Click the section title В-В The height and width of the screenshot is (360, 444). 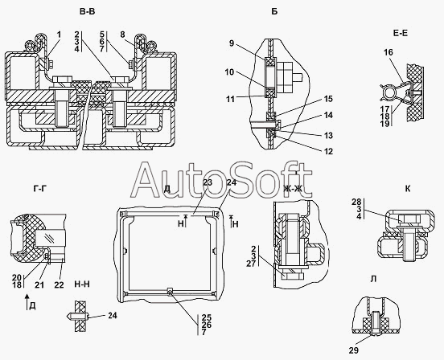87,11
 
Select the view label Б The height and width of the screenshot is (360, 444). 274,11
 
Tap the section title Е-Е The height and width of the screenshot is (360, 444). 401,33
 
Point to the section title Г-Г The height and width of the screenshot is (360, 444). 39,188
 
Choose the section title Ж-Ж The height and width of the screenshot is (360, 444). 293,188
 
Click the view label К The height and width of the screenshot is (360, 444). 408,189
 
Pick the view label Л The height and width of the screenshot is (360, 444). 373,279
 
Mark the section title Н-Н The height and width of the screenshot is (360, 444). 82,284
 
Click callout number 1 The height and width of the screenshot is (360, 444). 59,35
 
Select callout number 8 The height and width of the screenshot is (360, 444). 122,35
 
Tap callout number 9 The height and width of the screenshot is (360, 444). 232,43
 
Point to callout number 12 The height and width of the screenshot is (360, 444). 328,151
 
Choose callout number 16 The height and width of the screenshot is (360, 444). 388,52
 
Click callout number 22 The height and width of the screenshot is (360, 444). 59,284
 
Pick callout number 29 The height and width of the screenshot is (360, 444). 353,350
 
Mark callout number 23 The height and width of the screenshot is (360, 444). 208,182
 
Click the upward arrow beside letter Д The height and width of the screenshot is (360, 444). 27,301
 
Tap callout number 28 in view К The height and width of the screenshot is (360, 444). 356,202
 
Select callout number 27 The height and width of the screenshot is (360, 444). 251,263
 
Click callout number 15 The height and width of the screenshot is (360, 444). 328,99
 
